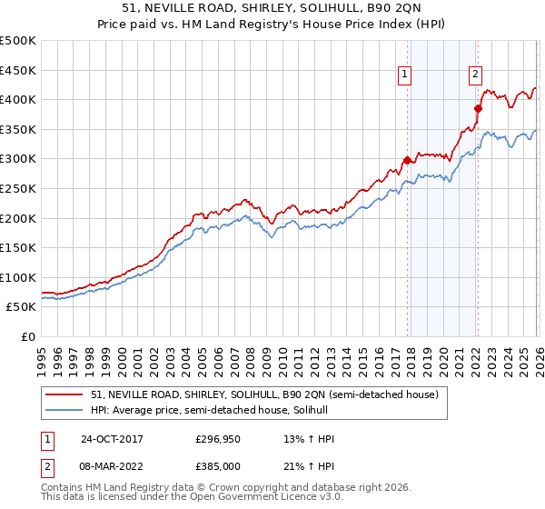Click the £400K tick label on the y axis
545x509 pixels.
coord(18,100)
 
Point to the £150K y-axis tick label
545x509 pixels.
coord(18,247)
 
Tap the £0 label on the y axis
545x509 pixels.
coord(28,336)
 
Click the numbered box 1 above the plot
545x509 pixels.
coord(403,75)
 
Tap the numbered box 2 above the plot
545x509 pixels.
coord(475,75)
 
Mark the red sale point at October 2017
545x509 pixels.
coord(407,160)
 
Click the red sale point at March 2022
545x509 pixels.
coord(478,108)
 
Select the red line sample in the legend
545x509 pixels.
coord(64,394)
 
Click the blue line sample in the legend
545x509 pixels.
coord(64,410)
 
